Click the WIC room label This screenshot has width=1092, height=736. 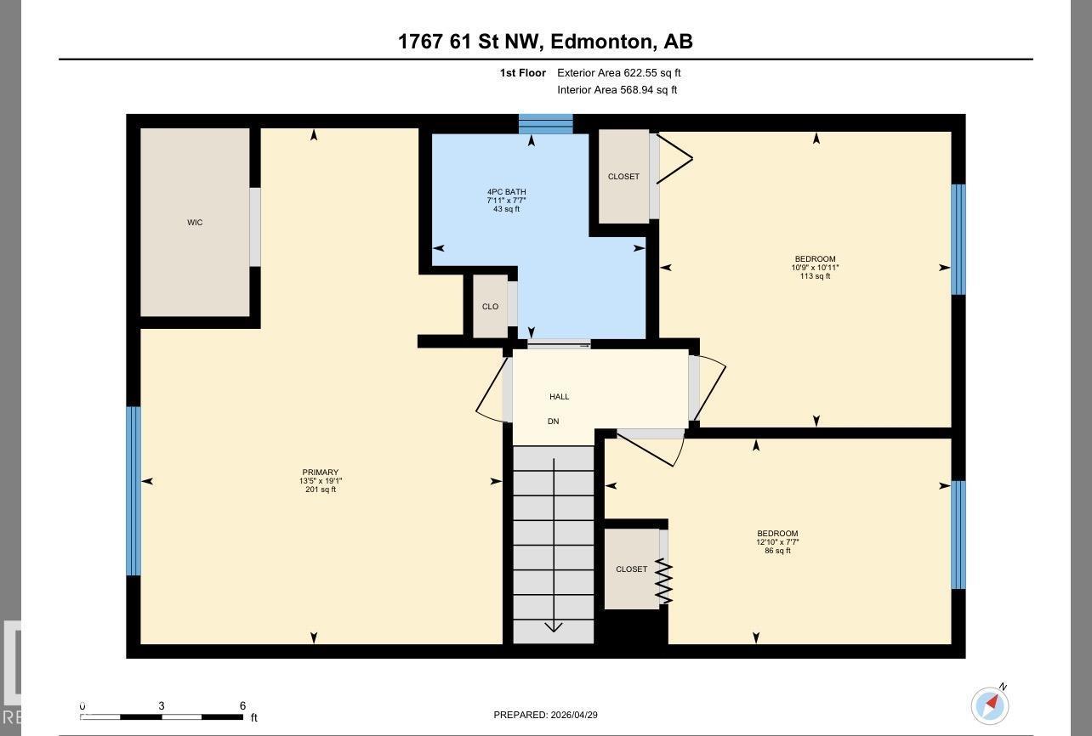click(x=195, y=223)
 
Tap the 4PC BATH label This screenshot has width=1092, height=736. click(x=506, y=192)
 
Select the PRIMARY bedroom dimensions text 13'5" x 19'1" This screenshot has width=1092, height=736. click(x=321, y=481)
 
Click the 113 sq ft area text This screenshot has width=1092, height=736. click(x=815, y=276)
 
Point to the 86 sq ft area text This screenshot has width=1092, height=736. click(x=777, y=551)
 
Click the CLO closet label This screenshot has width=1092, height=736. click(x=490, y=307)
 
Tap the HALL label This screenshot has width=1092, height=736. click(x=559, y=397)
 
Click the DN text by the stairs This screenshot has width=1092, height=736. click(x=553, y=422)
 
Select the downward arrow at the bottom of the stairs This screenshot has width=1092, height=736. click(x=554, y=627)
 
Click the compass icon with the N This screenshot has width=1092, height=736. click(x=990, y=705)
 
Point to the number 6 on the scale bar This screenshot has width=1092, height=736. click(x=242, y=706)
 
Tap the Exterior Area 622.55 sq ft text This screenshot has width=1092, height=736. click(x=618, y=73)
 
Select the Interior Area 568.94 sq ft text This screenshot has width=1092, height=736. click(x=617, y=90)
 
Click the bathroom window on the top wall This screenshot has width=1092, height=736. click(x=546, y=124)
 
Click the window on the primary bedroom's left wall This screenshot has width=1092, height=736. click(x=134, y=491)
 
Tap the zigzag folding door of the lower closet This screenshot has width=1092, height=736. click(x=663, y=581)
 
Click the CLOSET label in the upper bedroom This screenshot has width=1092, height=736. click(x=623, y=177)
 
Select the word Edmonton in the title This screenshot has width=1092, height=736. click(x=601, y=41)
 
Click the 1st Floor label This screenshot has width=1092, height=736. click(x=522, y=73)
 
